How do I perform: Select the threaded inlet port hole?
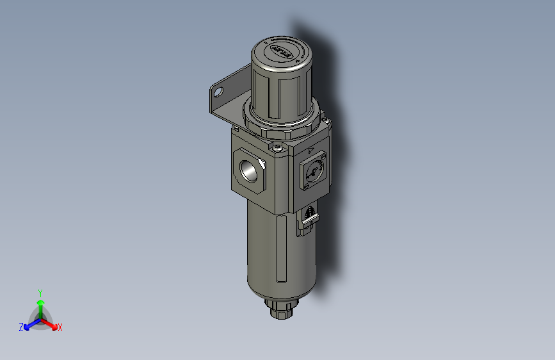coord(248,170)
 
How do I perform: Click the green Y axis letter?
coord(40,292)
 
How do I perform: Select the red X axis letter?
coord(60,328)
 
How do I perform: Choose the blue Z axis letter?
coord(21,327)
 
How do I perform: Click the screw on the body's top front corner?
coord(277,149)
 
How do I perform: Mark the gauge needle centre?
coord(312,172)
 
